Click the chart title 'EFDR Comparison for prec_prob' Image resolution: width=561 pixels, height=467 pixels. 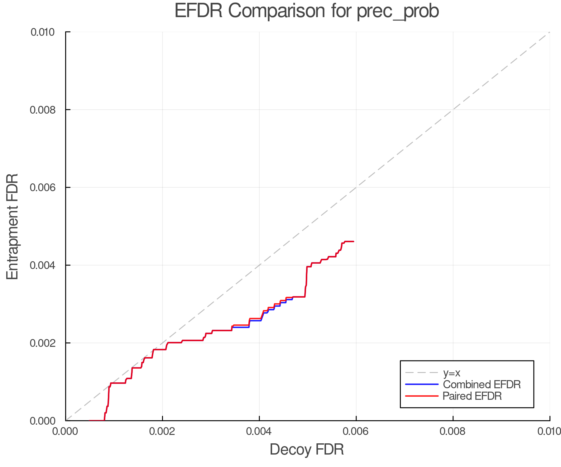tap(307, 11)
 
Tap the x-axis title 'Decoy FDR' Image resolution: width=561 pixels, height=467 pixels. tap(307, 450)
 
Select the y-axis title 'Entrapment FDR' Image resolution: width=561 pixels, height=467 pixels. tap(12, 226)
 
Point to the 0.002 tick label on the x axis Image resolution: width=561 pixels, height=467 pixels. tap(162, 431)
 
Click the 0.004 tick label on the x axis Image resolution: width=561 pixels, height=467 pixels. tap(259, 431)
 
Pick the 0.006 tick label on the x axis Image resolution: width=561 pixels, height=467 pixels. tap(356, 431)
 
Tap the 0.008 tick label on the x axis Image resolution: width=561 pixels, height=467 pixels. tap(453, 431)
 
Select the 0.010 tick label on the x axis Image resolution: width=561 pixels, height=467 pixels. tap(549, 431)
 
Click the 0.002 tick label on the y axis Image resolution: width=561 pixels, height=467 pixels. tap(43, 343)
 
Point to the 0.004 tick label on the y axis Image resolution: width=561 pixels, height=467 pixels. tap(43, 265)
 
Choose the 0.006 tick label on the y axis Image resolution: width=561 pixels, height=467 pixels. tap(43, 187)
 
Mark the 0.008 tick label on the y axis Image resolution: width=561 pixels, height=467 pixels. tap(43, 110)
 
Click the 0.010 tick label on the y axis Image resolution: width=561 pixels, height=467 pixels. tap(43, 32)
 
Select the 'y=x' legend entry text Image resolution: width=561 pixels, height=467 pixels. tap(452, 373)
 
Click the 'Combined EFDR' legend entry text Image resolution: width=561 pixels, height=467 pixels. tap(482, 384)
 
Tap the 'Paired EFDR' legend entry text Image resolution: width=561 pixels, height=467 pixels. tap(472, 396)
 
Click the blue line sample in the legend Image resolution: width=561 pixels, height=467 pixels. tap(422, 384)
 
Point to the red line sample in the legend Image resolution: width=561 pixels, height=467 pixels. tap(422, 396)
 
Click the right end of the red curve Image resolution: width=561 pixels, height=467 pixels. tap(353, 241)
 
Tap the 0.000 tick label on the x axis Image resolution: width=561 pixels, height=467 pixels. tap(66, 431)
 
